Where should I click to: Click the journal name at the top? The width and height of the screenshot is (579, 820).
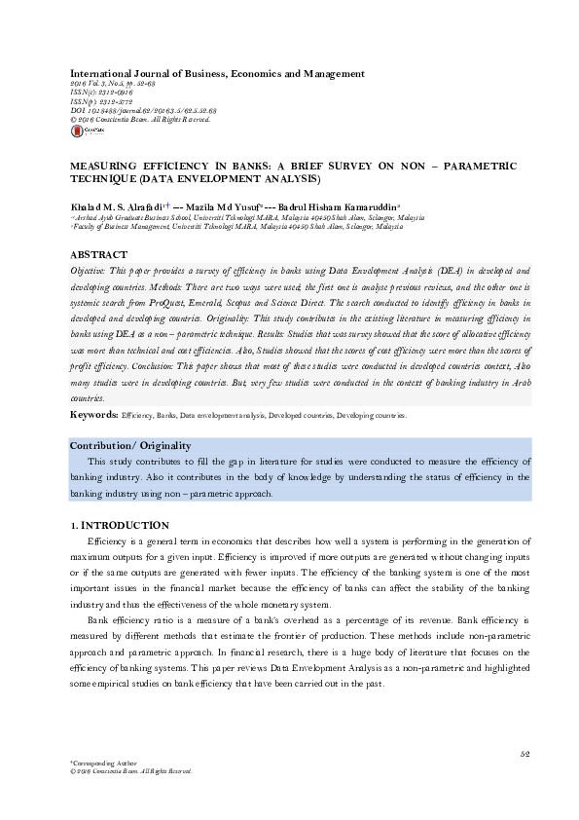217,74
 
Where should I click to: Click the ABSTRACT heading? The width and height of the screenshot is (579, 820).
98,253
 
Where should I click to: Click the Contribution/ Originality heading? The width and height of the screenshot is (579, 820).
130,445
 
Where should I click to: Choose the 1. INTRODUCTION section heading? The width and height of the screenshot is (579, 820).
121,525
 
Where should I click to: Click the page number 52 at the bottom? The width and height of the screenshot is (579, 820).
524,753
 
